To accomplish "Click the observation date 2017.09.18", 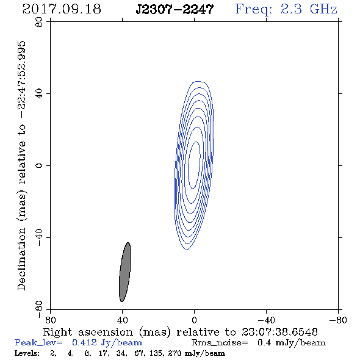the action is click(62, 9).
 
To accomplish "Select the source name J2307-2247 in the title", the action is click(175, 9).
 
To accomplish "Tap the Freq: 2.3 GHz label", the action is click(286, 9).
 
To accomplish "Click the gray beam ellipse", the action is click(125, 272).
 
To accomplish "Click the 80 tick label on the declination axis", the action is click(39, 22).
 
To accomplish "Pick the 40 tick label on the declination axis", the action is click(39, 94).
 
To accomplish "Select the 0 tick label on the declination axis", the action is click(39, 165).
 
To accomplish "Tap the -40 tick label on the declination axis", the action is click(39, 237).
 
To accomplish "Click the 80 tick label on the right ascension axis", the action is click(50, 320).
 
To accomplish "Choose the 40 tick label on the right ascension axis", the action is click(122, 320).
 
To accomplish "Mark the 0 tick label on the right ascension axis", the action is click(194, 320).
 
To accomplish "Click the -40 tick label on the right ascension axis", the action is click(266, 320).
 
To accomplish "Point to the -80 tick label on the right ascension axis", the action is click(338, 320).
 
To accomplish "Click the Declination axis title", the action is click(21, 166).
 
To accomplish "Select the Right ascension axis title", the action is click(181, 332).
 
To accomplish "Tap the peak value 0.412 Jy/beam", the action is click(107, 343).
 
